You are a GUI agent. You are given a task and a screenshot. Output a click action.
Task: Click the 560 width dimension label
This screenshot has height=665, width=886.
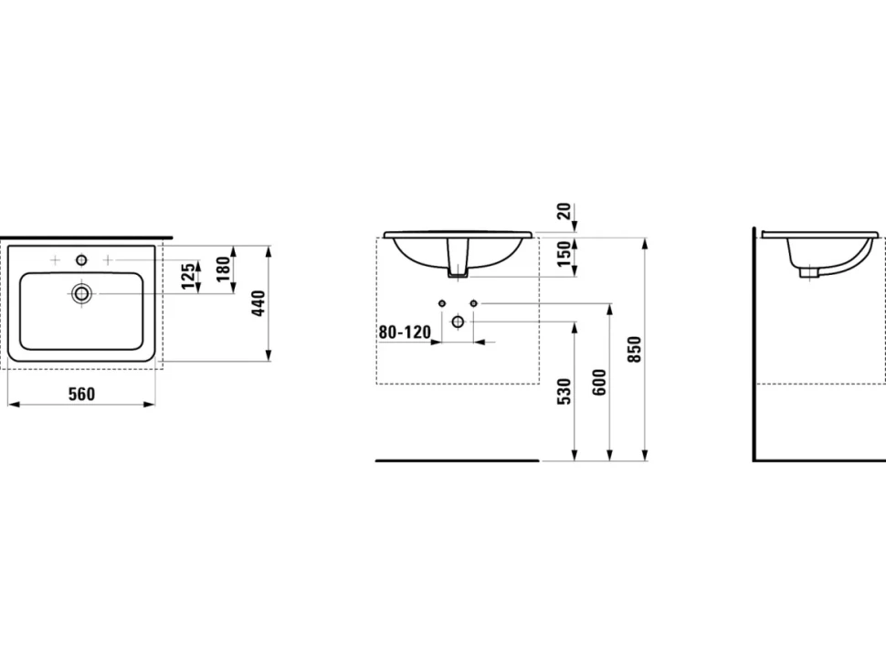click(82, 394)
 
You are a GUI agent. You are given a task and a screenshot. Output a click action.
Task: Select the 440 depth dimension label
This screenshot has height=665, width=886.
click(258, 303)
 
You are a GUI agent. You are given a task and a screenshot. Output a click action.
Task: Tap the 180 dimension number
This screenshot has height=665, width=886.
click(224, 269)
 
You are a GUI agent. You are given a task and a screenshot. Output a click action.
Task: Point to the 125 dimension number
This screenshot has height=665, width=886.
click(189, 275)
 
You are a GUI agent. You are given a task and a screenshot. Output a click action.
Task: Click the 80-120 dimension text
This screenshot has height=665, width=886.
click(405, 332)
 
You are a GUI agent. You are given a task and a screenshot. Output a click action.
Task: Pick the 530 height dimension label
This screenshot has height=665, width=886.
click(564, 392)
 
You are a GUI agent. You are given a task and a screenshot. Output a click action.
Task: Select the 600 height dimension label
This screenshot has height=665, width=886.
click(599, 383)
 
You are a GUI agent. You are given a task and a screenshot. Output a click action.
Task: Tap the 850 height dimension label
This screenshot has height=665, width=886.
click(635, 349)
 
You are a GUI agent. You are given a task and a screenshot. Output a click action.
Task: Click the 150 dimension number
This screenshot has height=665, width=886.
click(564, 255)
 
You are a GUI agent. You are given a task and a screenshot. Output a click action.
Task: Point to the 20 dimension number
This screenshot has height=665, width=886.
click(564, 211)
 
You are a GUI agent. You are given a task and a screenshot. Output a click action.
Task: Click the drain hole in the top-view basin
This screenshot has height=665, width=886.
click(82, 292)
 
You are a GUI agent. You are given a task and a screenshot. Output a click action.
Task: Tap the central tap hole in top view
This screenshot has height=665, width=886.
click(82, 260)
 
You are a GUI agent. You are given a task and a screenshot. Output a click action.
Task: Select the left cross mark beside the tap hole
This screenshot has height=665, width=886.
click(55, 260)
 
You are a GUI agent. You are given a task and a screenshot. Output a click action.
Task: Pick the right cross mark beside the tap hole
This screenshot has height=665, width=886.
click(108, 260)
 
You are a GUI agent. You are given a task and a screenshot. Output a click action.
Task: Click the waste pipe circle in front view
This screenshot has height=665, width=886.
click(458, 322)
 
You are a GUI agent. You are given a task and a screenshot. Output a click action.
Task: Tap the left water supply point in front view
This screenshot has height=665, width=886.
click(442, 303)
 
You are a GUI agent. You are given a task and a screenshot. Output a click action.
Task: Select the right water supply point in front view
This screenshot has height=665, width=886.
click(473, 303)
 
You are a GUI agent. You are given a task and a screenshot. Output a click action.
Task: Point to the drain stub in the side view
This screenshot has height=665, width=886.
click(809, 273)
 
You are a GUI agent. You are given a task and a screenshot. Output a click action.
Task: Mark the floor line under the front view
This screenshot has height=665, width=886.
click(457, 460)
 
